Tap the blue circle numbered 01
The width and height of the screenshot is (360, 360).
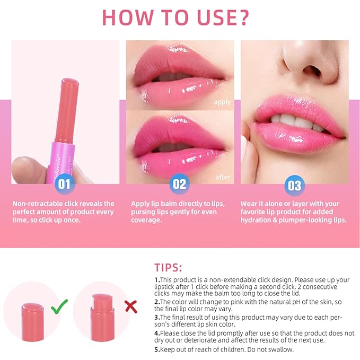coord(64,185)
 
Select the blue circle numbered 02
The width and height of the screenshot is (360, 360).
coord(180,185)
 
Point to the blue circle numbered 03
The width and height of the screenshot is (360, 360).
coord(294,185)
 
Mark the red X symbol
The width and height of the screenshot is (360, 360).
coord(130,306)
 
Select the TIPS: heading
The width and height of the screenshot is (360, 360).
coord(169,267)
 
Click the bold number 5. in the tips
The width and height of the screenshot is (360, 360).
coord(157,349)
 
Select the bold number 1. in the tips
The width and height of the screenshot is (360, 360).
coord(157,280)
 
